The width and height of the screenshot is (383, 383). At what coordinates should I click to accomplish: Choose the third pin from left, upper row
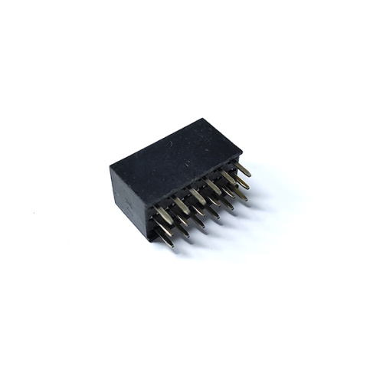point(198,196)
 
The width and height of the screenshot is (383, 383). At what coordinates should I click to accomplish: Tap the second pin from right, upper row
point(229,178)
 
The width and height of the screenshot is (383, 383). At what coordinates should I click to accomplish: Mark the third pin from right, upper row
point(213,187)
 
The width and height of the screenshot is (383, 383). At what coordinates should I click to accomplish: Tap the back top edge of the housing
point(156,142)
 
